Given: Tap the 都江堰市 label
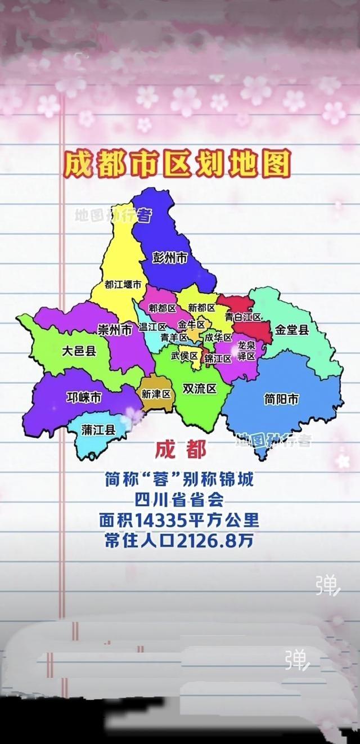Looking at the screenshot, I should tap(123, 285).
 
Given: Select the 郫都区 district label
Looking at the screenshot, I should tap(163, 308).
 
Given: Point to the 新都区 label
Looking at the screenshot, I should tap(201, 308).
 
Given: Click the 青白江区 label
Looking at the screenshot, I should tap(243, 317).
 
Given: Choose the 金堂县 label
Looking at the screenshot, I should tap(292, 330).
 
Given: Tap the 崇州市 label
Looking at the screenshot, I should tap(115, 330).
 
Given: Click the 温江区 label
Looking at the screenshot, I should tap(152, 327).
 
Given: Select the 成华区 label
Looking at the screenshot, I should tap(218, 338).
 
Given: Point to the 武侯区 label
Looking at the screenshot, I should tap(184, 356).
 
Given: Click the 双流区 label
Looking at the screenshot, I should tap(200, 389).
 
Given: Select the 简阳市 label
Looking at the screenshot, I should tap(281, 399).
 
